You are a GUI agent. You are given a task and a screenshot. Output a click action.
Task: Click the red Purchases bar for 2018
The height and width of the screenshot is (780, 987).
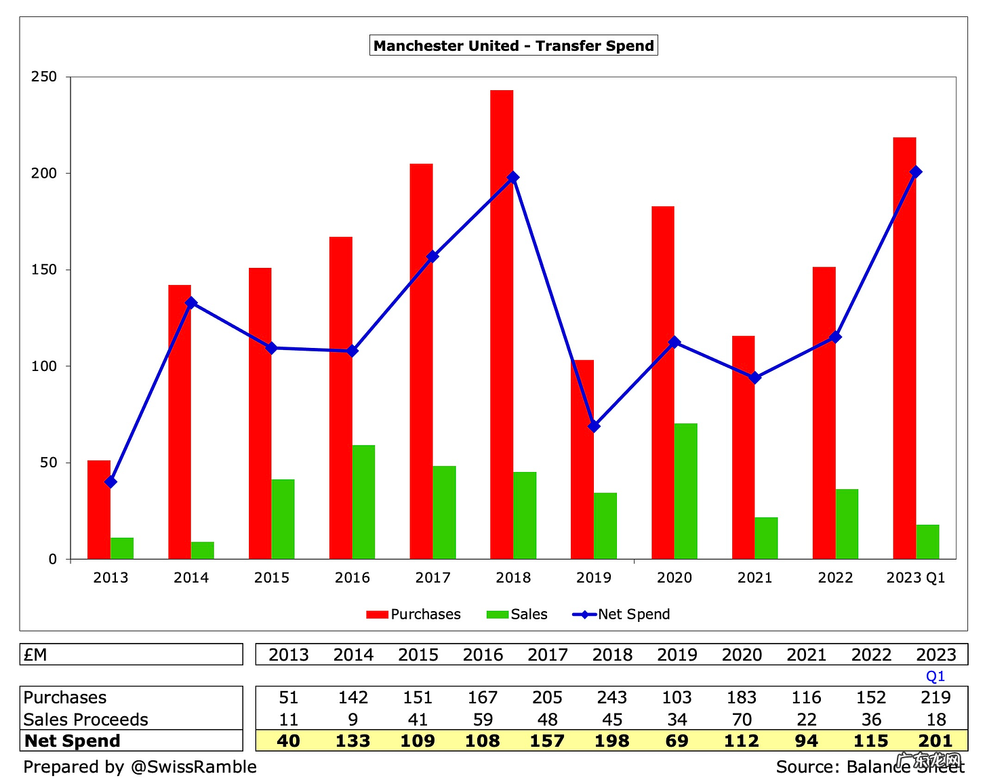click(x=502, y=326)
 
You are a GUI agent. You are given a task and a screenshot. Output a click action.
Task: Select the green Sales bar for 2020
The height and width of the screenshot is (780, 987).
click(x=685, y=491)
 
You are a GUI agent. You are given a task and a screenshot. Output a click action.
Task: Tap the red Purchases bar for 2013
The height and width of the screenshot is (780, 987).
click(x=99, y=509)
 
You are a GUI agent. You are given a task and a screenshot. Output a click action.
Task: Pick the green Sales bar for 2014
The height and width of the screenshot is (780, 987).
click(x=203, y=550)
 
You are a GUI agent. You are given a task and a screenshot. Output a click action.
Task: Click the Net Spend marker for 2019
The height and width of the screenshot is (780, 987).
click(x=594, y=426)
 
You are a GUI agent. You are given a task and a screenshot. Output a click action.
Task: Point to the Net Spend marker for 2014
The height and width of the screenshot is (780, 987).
click(x=191, y=303)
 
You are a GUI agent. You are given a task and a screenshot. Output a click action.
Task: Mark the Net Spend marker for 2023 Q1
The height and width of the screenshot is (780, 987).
click(x=916, y=172)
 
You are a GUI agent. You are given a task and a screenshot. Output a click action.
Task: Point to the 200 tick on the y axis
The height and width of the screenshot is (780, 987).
click(x=44, y=174)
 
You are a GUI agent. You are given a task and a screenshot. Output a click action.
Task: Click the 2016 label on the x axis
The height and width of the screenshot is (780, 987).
click(x=352, y=578)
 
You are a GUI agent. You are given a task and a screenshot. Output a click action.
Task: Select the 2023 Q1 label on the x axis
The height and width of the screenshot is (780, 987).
click(x=916, y=578)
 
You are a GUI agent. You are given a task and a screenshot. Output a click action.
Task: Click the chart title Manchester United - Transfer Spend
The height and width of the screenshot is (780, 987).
click(x=514, y=46)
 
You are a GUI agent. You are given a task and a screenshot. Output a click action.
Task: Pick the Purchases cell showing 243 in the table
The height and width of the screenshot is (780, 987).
click(x=611, y=698)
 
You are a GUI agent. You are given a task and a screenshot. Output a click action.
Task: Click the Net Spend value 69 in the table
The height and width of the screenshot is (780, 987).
click(x=677, y=741)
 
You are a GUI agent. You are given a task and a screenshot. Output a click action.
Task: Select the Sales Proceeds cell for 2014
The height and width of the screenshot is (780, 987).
click(x=353, y=720)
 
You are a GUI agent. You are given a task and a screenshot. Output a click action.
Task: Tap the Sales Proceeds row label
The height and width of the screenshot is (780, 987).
click(x=86, y=720)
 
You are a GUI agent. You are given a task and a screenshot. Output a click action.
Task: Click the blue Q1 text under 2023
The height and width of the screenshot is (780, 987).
click(x=935, y=676)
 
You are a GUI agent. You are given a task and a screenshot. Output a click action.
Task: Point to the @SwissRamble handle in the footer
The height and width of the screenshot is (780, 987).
click(x=193, y=767)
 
